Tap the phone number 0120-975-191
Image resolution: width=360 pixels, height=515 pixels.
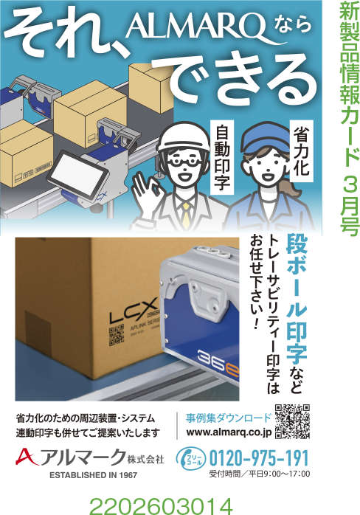pos(258,457)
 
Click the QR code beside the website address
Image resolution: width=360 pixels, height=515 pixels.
pos(291,421)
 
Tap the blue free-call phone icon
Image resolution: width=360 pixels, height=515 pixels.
pos(190,457)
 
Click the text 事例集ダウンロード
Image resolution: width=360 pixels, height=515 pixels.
pos(228,416)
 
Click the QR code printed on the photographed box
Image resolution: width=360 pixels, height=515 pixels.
pos(117,336)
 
